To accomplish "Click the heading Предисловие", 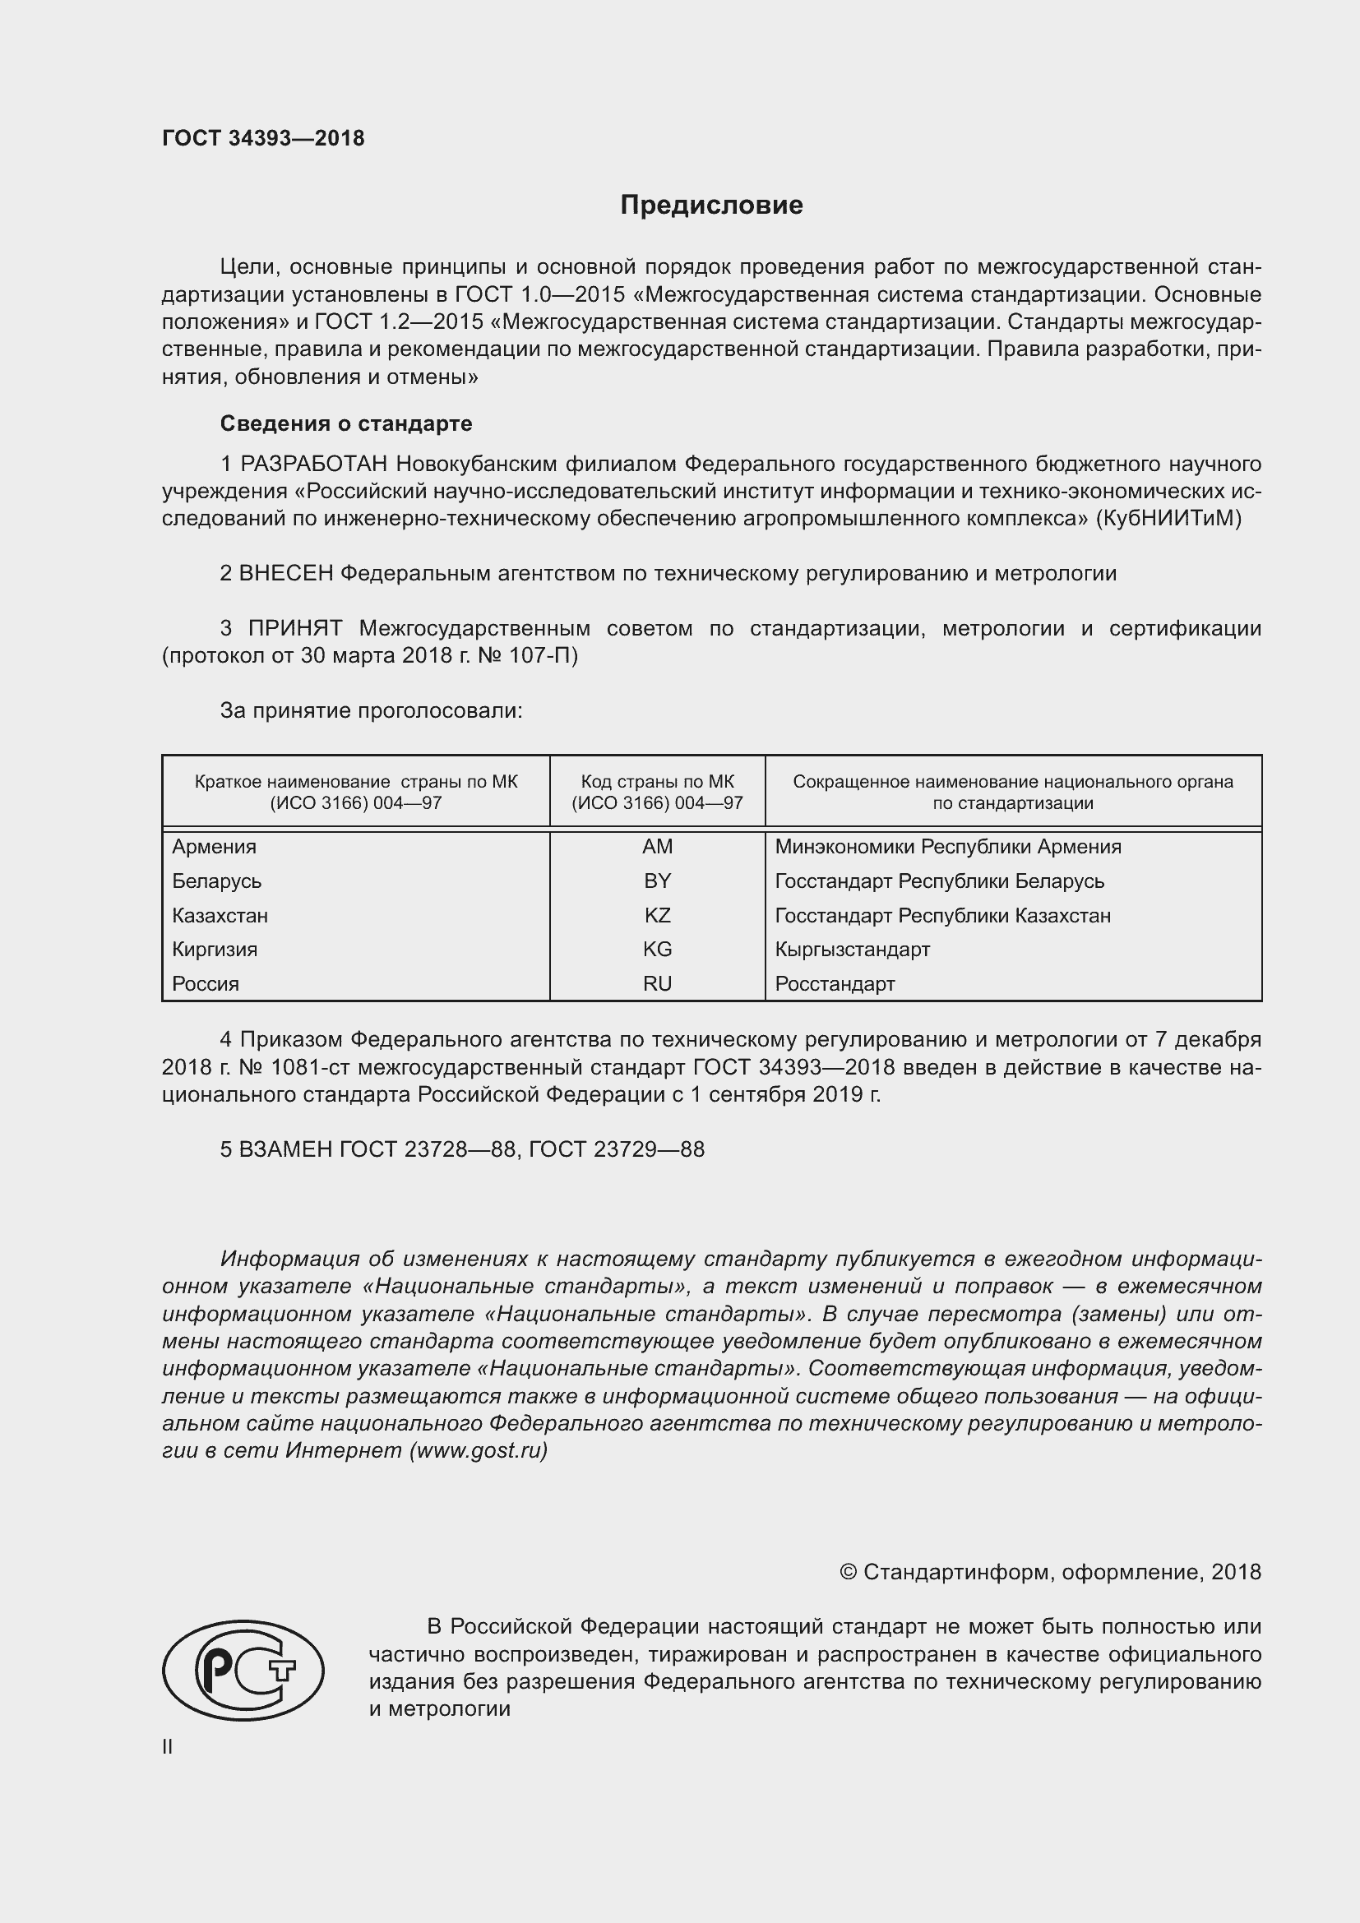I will [711, 206].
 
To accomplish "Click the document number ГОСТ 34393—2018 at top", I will [263, 138].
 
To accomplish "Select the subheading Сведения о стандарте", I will [346, 423].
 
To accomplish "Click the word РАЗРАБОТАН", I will [315, 464].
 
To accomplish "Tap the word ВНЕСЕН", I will [285, 574].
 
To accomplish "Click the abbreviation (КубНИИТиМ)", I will [1168, 519].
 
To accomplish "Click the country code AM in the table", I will [658, 847].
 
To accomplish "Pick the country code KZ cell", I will [658, 915].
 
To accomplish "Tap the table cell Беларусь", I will [217, 881].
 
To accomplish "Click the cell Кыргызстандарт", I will [853, 950].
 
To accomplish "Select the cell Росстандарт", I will [835, 984].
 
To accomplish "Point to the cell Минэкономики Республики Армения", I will [948, 847].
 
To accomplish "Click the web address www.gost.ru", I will [479, 1449].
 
